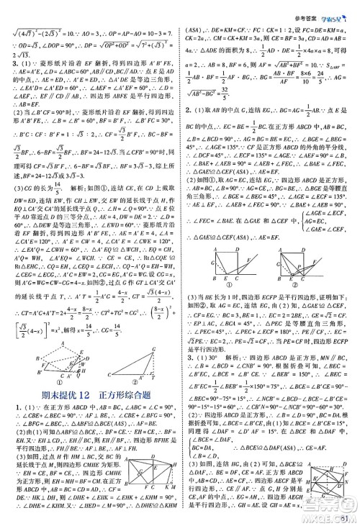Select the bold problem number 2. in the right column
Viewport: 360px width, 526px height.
coord(189,108)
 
